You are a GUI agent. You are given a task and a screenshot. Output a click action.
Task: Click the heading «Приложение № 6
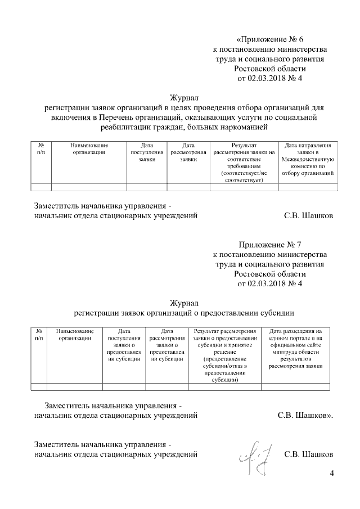point(270,39)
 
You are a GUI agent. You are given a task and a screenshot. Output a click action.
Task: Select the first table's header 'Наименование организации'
point(89,148)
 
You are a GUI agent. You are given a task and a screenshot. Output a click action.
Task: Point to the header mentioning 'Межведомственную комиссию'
point(308,159)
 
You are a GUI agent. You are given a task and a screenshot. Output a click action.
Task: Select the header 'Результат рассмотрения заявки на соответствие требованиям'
point(244,163)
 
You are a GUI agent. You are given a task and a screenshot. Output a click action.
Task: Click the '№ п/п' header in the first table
point(41,148)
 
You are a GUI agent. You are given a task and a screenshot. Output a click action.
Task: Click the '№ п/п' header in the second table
point(39,335)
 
